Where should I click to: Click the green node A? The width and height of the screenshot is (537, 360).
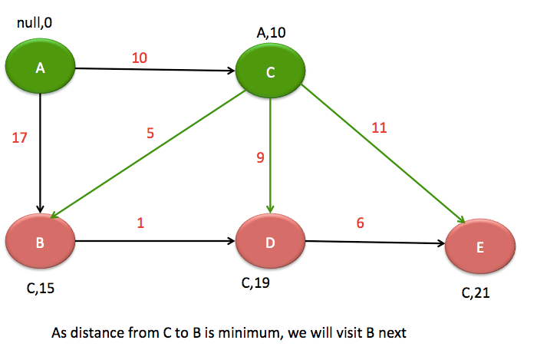[x=40, y=68]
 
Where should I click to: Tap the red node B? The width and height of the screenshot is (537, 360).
[x=40, y=243]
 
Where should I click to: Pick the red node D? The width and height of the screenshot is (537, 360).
[x=270, y=243]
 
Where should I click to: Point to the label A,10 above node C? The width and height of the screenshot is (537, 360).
[x=271, y=33]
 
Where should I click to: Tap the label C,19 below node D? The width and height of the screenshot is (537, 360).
[x=256, y=283]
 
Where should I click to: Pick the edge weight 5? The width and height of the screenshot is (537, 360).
[x=150, y=131]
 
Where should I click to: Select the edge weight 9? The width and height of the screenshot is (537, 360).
[x=260, y=159]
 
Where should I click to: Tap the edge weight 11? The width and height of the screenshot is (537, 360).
[x=378, y=127]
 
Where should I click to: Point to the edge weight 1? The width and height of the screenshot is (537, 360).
[x=140, y=223]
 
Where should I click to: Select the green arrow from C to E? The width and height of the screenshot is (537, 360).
[x=384, y=154]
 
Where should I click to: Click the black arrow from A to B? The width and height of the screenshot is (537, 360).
[x=40, y=154]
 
